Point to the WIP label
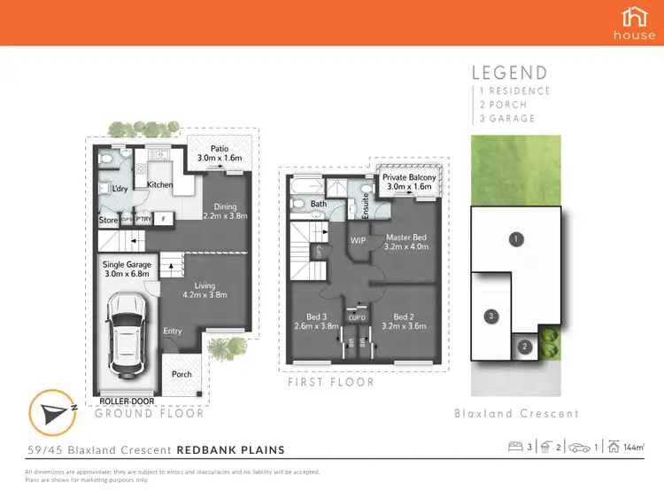pyautogui.click(x=359, y=240)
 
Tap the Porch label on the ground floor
pyautogui.click(x=181, y=374)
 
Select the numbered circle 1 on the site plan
pyautogui.click(x=513, y=238)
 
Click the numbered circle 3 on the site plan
pyautogui.click(x=488, y=315)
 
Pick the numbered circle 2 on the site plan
pyautogui.click(x=524, y=347)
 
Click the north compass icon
pyautogui.click(x=50, y=410)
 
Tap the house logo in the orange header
pyautogui.click(x=635, y=17)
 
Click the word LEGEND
pyautogui.click(x=509, y=74)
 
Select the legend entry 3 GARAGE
pyautogui.click(x=507, y=118)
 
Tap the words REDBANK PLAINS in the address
pyautogui.click(x=231, y=449)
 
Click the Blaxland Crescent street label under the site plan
pyautogui.click(x=516, y=413)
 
